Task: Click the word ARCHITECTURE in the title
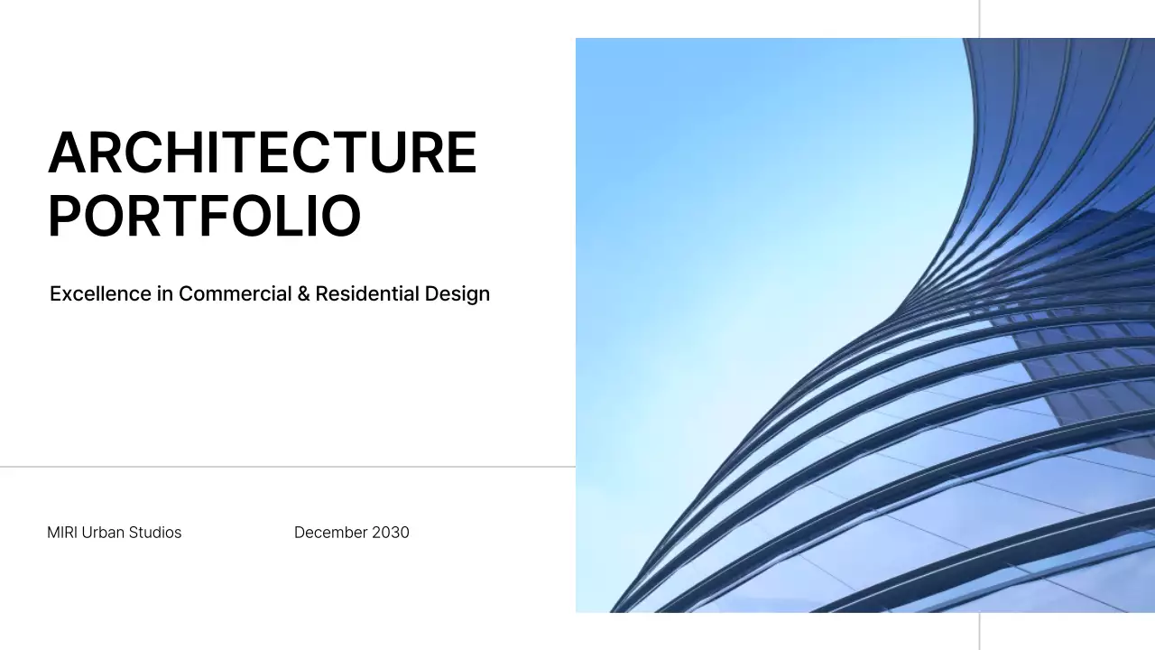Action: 262,153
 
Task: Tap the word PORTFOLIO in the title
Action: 204,216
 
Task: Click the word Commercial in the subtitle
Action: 235,293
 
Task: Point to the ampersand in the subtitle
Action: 303,294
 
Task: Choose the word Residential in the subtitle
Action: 367,293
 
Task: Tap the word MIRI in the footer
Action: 62,533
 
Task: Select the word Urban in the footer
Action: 103,533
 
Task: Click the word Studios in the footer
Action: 155,533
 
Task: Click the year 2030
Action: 391,533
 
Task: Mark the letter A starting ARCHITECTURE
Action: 67,153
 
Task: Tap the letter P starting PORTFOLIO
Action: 64,216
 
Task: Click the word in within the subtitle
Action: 164,293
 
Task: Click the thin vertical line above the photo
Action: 979,18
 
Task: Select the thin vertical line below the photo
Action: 979,631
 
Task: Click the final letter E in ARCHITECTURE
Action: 461,153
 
